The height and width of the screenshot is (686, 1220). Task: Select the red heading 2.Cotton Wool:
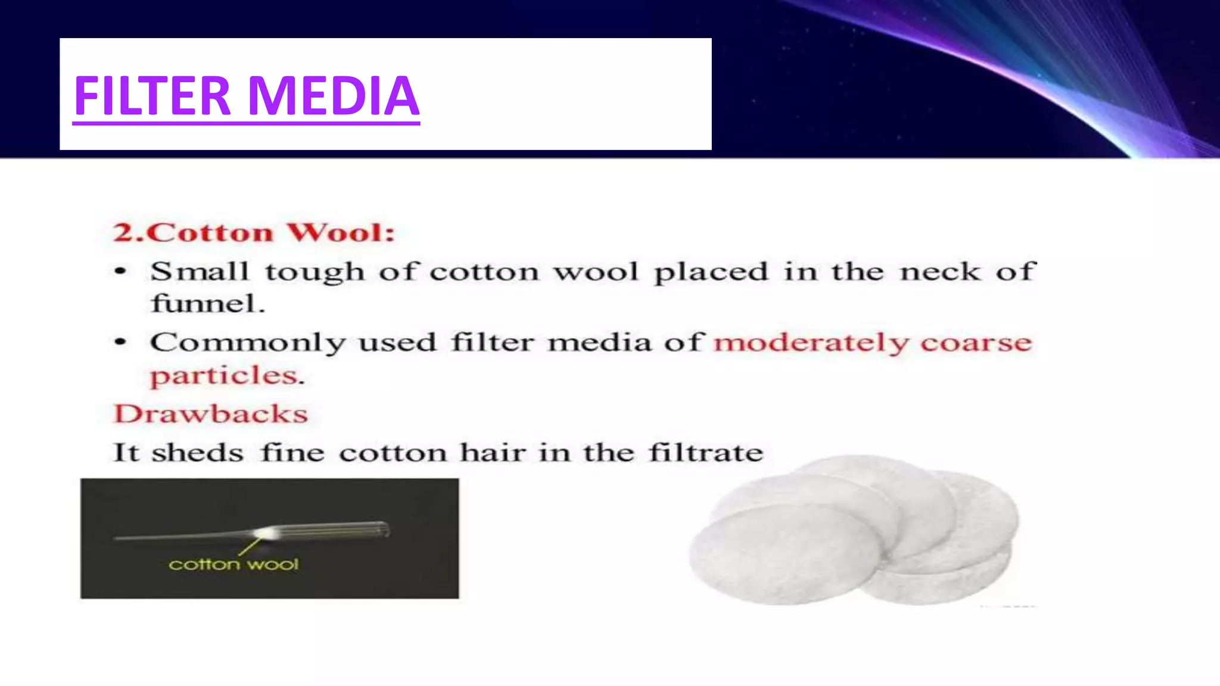pos(254,232)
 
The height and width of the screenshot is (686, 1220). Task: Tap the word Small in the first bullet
pos(199,272)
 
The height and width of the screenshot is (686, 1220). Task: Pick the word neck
pos(939,272)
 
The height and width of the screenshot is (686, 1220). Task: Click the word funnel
pos(207,304)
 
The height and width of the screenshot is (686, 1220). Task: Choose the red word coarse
pos(976,342)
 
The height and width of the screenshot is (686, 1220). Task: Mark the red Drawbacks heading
pos(211,414)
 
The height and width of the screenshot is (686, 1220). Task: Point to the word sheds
pos(197,453)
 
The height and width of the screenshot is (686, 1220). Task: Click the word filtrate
pos(705,453)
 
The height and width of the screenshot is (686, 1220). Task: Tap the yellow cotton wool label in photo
pos(234,564)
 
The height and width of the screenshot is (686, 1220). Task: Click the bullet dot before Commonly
pos(120,342)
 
